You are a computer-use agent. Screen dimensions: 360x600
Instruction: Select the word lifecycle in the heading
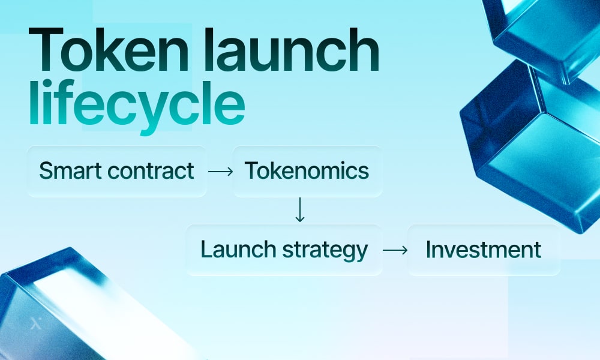click(x=137, y=107)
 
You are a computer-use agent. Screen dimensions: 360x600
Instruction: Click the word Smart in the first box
click(x=70, y=171)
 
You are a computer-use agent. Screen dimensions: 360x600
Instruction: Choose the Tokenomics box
click(x=307, y=171)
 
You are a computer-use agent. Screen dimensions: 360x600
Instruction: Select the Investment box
click(x=484, y=250)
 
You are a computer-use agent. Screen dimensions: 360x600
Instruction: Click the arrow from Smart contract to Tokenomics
click(x=220, y=172)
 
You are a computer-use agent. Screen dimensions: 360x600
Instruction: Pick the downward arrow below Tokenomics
click(x=300, y=211)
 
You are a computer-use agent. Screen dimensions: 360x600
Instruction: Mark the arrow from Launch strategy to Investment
click(x=395, y=250)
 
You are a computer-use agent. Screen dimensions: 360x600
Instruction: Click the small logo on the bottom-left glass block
click(x=35, y=325)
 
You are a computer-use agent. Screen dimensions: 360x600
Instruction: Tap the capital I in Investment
click(x=428, y=250)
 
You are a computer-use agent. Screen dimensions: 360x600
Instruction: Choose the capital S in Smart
click(x=46, y=171)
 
